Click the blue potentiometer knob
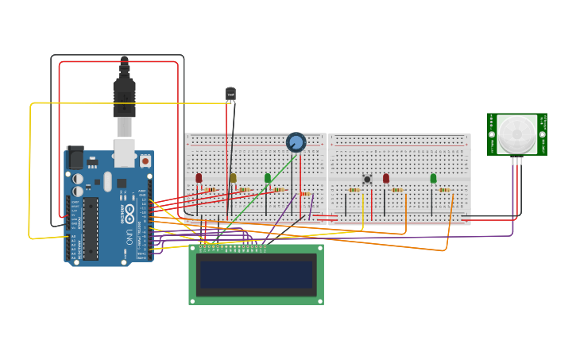point(296,142)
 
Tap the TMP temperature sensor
point(230,95)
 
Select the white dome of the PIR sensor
point(516,134)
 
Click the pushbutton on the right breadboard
point(367,180)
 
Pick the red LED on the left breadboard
point(199,178)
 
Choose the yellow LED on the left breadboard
point(233,178)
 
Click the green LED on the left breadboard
point(268,178)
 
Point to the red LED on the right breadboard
point(386,179)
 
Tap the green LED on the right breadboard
point(433,179)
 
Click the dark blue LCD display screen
point(257,274)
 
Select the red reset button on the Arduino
point(145,161)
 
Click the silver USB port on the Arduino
point(124,153)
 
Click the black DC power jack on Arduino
point(75,157)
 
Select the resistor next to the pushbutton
point(354,190)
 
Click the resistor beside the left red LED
point(211,189)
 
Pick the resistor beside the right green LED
point(444,190)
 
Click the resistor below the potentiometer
point(305,194)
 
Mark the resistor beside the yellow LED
point(245,189)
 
